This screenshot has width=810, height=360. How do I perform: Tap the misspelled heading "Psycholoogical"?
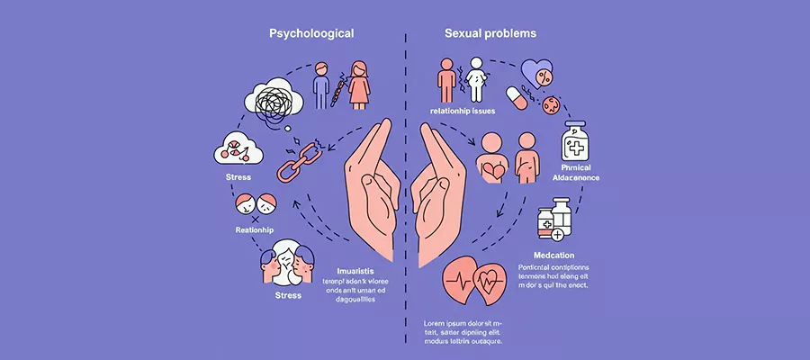[311, 33]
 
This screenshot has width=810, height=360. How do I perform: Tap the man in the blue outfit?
[321, 86]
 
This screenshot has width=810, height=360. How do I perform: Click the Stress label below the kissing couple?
[288, 295]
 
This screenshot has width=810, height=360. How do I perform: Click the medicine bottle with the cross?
[577, 142]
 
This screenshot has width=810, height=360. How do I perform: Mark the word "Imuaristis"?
[355, 270]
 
